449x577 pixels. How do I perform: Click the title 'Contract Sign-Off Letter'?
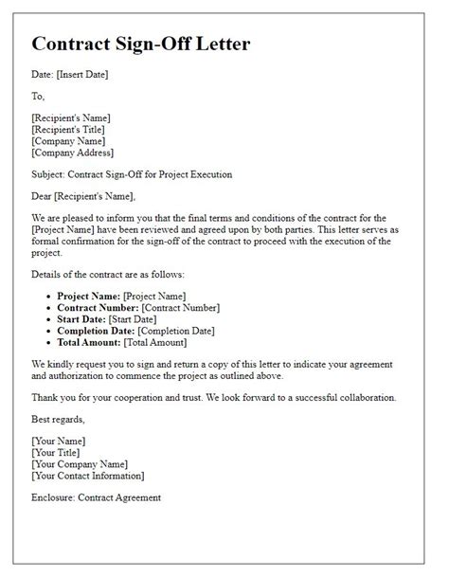155,45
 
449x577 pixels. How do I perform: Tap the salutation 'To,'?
39,96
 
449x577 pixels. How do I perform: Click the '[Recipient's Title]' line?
68,129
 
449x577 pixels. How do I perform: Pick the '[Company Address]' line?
73,152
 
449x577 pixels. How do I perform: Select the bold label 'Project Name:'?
89,297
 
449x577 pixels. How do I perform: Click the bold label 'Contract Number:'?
97,309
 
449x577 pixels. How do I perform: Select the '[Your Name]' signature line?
59,442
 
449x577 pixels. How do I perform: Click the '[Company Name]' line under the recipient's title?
66,140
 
